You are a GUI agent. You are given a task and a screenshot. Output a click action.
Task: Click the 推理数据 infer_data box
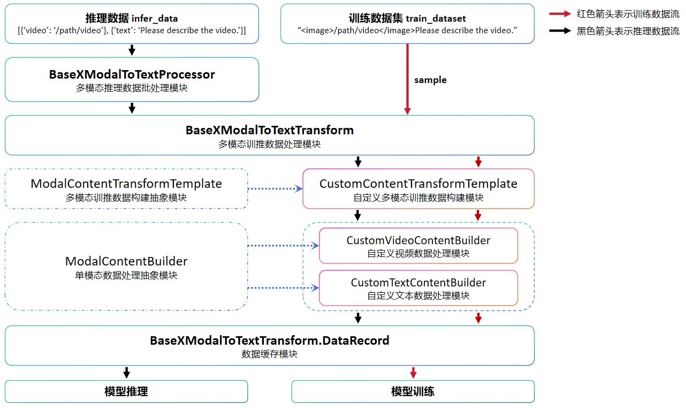132,24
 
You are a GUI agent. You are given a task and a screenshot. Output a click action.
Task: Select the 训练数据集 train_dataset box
407,24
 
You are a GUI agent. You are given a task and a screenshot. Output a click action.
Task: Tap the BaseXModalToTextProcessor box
132,79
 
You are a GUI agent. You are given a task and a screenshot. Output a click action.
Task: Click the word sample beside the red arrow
430,80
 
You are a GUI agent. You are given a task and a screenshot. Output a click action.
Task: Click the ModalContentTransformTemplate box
126,189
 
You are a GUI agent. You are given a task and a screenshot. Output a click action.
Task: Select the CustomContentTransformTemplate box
418,189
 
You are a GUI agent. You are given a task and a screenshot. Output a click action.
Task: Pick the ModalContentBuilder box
126,267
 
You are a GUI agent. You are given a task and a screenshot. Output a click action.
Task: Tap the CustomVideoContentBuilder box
418,246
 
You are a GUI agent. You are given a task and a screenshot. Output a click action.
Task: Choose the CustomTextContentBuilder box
418,288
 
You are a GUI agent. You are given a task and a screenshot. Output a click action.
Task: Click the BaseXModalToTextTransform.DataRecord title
269,341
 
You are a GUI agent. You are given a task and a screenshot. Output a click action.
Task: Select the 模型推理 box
126,391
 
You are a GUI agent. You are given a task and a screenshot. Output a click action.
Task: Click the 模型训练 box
413,391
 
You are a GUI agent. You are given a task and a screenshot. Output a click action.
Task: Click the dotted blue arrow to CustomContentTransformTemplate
275,188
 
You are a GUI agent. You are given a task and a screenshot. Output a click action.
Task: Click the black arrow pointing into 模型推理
126,373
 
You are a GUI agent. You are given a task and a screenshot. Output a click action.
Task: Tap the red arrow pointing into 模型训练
413,373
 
